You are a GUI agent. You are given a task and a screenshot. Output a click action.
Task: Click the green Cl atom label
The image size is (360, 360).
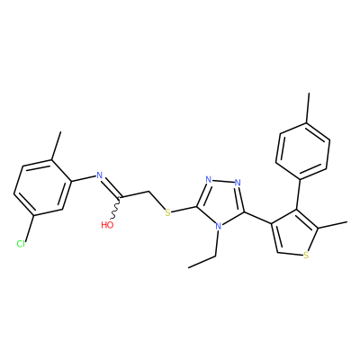(x=21, y=244)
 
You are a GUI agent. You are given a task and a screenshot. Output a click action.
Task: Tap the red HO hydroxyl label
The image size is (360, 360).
(x=107, y=225)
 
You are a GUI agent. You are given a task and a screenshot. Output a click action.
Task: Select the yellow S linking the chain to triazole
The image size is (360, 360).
(x=168, y=213)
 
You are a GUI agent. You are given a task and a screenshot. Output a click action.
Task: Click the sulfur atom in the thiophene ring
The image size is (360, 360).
(x=306, y=256)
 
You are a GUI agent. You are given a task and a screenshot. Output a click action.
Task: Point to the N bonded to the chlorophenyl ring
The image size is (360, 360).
(x=100, y=175)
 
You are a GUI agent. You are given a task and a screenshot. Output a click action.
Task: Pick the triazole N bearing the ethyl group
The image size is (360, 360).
(x=219, y=226)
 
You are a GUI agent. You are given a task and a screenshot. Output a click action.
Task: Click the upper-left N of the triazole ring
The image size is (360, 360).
(x=209, y=181)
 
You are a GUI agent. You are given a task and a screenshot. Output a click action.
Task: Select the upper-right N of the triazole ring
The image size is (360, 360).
(x=238, y=182)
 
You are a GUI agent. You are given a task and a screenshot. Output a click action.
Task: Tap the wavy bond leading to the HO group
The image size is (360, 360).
(x=116, y=209)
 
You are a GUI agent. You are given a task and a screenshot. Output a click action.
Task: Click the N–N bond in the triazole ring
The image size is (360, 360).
(x=223, y=181)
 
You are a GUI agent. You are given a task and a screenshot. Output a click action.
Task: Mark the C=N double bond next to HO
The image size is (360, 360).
(x=112, y=188)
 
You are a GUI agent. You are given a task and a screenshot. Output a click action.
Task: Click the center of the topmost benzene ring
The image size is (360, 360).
(x=303, y=150)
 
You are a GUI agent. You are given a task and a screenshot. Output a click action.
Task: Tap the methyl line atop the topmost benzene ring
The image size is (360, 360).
(x=308, y=107)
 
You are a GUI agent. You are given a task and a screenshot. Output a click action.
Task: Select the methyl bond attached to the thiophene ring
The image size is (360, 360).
(x=332, y=225)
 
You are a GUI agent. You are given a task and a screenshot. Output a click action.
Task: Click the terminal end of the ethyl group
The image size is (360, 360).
(x=189, y=267)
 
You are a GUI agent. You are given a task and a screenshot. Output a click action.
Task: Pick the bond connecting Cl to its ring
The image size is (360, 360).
(x=30, y=228)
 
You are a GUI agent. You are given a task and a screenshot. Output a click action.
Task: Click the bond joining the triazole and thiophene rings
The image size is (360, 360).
(x=257, y=218)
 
